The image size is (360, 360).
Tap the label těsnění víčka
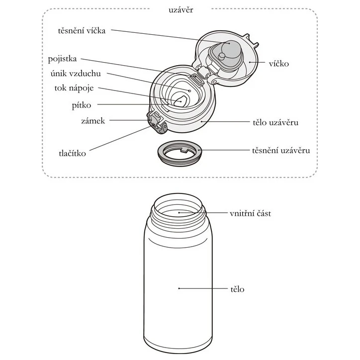81,30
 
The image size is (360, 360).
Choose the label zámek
93,121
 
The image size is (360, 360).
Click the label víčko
277,64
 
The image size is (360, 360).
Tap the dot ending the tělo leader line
179,288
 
